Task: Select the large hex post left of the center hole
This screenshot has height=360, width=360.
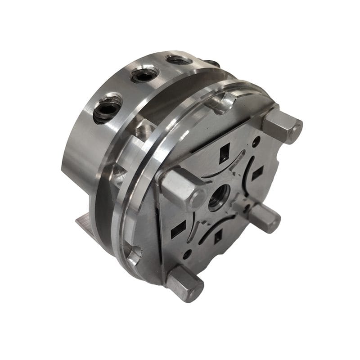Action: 182,187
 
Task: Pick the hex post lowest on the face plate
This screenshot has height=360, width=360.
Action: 185,283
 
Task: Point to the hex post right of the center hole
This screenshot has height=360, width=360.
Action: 265,216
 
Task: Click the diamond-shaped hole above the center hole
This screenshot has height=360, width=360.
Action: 224,156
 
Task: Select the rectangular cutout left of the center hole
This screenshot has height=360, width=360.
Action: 179,229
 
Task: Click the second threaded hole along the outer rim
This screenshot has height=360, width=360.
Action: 144,75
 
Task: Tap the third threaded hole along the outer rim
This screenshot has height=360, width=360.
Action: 179,59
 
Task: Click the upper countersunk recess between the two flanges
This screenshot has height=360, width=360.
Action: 143,131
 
